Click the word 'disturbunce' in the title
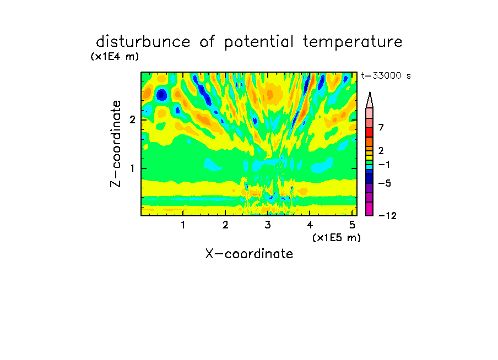[x=143, y=42]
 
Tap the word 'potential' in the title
[x=259, y=42]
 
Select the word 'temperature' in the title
[x=353, y=42]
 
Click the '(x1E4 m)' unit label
[x=115, y=57]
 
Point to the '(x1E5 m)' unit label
[x=337, y=237]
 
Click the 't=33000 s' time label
[x=386, y=75]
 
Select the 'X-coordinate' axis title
[x=249, y=254]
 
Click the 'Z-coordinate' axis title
[x=116, y=144]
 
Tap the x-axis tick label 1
[x=183, y=225]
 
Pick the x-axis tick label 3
[x=268, y=225]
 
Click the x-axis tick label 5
[x=352, y=225]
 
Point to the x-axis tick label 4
[x=310, y=225]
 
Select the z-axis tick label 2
[x=132, y=120]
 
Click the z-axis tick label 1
[x=132, y=168]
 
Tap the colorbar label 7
[x=381, y=128]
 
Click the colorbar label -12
[x=387, y=216]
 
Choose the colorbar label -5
[x=385, y=183]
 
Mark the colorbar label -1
[x=384, y=165]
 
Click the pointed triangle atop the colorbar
[x=370, y=100]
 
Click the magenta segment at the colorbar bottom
[x=370, y=209]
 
